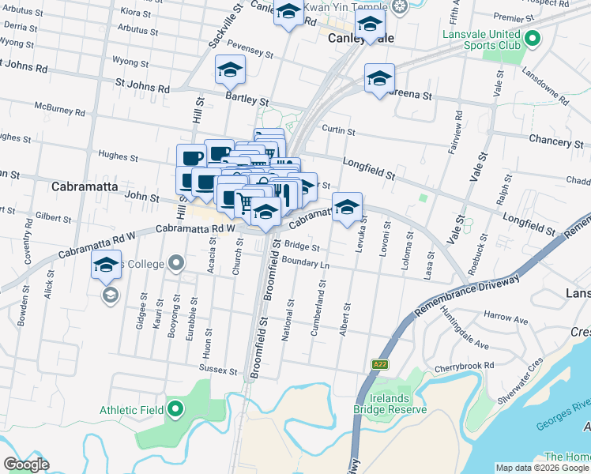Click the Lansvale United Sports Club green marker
click(x=532, y=38)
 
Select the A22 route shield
click(x=380, y=365)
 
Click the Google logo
click(x=26, y=465)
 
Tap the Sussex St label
click(x=218, y=370)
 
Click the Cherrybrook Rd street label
click(x=464, y=367)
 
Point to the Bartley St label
click(x=247, y=102)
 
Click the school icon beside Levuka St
click(x=347, y=208)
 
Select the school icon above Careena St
click(x=379, y=78)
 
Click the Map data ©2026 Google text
click(x=540, y=468)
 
